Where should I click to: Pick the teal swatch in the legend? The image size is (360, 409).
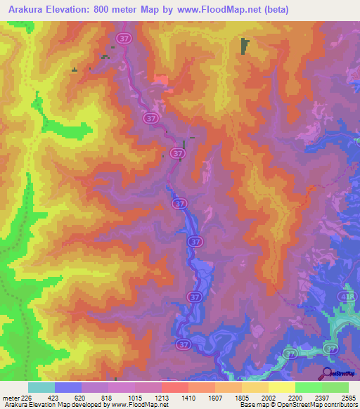click(41, 387)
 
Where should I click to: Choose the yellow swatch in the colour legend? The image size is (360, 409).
click(282, 387)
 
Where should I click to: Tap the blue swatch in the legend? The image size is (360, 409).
click(68, 387)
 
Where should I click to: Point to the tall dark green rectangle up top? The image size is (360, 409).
click(245, 46)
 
